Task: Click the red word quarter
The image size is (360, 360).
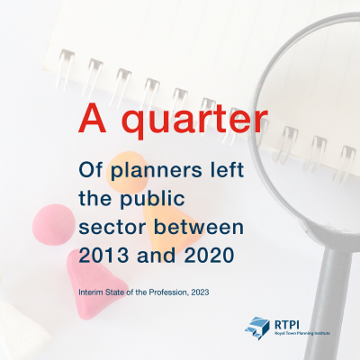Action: click(195, 119)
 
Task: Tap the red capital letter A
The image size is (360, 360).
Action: click(93, 118)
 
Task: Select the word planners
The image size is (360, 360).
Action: click(157, 171)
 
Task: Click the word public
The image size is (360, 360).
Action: click(152, 199)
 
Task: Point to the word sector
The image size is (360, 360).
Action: click(112, 227)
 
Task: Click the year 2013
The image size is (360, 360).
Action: click(103, 256)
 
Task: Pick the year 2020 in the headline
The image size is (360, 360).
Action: click(209, 256)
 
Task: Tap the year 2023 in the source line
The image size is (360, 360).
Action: click(200, 292)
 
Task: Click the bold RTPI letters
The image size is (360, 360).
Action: click(287, 324)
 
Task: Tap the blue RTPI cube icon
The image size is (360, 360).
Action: click(257, 328)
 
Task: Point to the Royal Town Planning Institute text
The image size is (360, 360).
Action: click(302, 333)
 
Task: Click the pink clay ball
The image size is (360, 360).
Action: click(53, 225)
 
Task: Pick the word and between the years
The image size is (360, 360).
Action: click(157, 256)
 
